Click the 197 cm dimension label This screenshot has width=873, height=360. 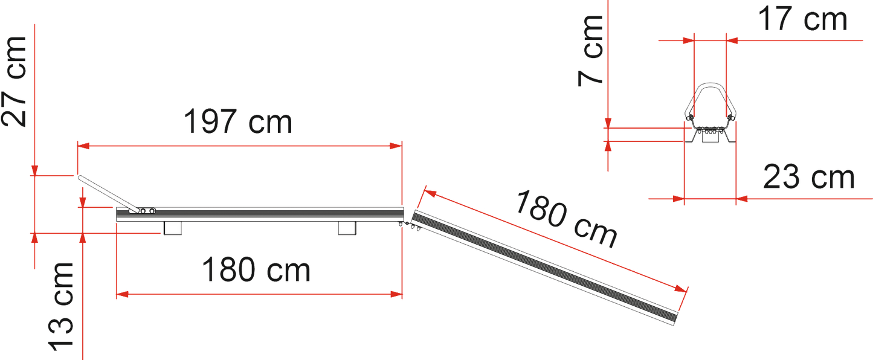238,121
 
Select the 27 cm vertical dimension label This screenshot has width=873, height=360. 14,82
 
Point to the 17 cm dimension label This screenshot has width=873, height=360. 802,19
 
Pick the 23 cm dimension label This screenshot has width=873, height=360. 809,177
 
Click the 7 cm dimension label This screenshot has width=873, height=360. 590,50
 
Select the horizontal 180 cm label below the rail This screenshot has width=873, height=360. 256,269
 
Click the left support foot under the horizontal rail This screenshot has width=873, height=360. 173,228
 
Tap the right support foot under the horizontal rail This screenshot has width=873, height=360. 347,228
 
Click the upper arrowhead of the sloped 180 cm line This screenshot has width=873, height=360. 430,193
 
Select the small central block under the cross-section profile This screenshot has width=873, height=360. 710,137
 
